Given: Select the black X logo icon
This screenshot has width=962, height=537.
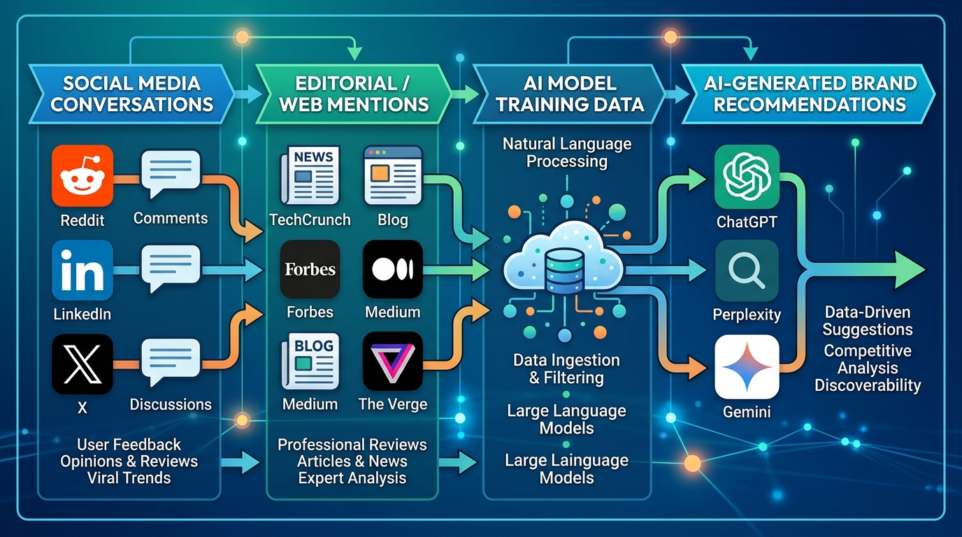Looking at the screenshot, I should click(82, 364).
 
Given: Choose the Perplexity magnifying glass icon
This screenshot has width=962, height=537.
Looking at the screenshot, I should click(746, 271).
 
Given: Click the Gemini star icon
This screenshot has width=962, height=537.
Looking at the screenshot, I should click(746, 366).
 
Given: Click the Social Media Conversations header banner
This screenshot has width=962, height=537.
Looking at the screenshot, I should click(131, 94).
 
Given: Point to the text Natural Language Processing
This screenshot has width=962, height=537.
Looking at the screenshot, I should click(566, 152).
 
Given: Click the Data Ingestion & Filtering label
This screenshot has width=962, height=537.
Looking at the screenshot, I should click(566, 369).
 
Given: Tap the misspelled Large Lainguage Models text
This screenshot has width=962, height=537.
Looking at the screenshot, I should click(566, 469).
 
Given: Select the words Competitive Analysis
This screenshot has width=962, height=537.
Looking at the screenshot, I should click(867, 359).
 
